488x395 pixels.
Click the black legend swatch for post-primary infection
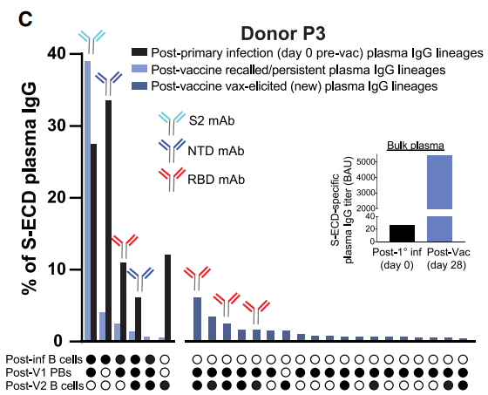[139, 52]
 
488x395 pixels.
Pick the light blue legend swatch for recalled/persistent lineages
[139, 69]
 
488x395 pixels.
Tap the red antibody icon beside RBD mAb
[167, 178]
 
